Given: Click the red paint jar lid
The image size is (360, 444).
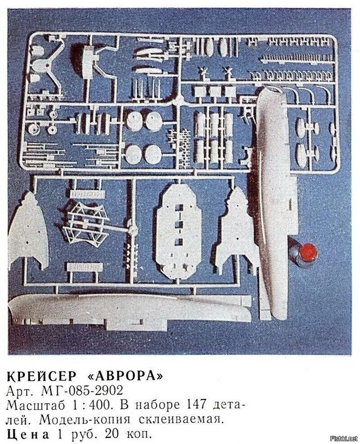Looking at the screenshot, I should click(x=308, y=250).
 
